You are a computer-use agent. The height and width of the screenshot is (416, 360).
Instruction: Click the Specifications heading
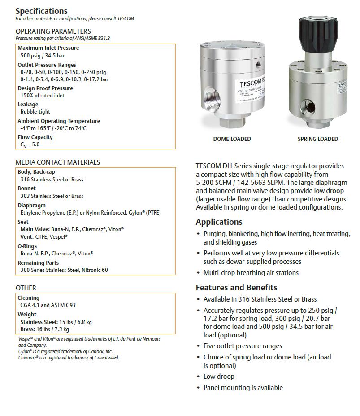click(41, 11)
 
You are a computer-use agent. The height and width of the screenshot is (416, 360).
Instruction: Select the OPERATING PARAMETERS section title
click(53, 31)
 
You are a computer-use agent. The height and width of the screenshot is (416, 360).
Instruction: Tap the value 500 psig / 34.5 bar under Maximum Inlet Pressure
click(43, 56)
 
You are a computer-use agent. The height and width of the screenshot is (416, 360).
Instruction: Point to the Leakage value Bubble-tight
click(35, 112)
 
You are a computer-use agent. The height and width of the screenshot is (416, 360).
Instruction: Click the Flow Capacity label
click(35, 137)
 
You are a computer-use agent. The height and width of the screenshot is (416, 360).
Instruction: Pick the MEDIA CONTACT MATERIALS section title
click(58, 162)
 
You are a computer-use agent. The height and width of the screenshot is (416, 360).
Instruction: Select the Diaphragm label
click(31, 206)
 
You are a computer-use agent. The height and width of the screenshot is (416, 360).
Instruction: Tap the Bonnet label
click(26, 189)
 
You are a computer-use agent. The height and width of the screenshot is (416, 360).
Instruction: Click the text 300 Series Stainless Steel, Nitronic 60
click(64, 270)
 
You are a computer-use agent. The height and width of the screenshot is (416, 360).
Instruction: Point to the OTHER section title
click(26, 288)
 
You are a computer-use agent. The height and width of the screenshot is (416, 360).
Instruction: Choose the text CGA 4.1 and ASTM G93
click(48, 305)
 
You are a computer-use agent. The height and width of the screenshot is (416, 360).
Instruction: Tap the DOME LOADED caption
click(232, 139)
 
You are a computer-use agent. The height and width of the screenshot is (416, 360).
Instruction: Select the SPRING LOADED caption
click(318, 139)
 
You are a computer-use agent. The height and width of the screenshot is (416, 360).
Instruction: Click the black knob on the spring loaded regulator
click(318, 34)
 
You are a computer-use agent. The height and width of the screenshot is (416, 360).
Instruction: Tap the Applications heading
click(219, 222)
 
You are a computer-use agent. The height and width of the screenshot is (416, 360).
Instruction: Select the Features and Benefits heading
click(236, 288)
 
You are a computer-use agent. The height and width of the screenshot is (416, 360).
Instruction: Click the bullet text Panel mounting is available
click(243, 387)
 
